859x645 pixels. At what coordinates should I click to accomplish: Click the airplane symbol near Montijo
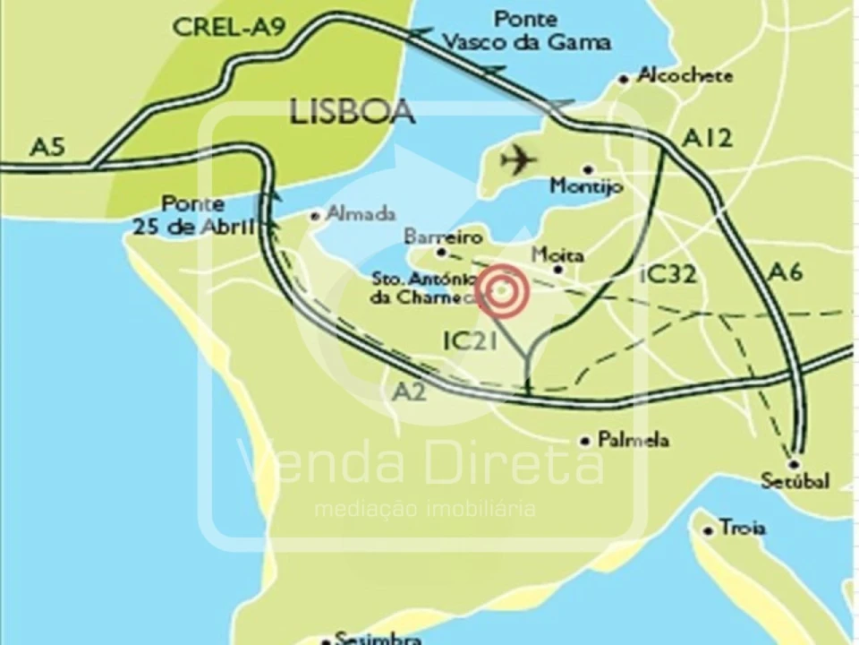click(518, 161)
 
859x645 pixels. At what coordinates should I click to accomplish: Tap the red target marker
click(502, 291)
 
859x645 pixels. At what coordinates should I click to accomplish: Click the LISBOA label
click(353, 112)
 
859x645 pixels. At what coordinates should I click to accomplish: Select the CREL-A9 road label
click(229, 27)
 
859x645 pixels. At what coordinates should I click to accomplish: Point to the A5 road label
click(47, 146)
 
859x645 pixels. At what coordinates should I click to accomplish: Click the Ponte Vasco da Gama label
click(527, 30)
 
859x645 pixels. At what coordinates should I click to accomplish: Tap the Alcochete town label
click(685, 76)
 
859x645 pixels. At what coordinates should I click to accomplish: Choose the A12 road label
click(707, 137)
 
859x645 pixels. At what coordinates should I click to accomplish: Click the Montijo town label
click(586, 186)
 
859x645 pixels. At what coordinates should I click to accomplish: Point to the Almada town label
click(361, 213)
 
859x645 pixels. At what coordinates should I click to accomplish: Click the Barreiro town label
click(443, 237)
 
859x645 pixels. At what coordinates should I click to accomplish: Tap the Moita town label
click(557, 255)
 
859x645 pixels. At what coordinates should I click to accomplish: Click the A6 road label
click(785, 273)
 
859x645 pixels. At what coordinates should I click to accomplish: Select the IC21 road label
click(471, 340)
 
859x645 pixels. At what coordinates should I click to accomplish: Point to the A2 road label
click(409, 391)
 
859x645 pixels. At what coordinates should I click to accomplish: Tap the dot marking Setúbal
click(794, 464)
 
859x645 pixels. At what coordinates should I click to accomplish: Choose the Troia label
click(742, 528)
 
